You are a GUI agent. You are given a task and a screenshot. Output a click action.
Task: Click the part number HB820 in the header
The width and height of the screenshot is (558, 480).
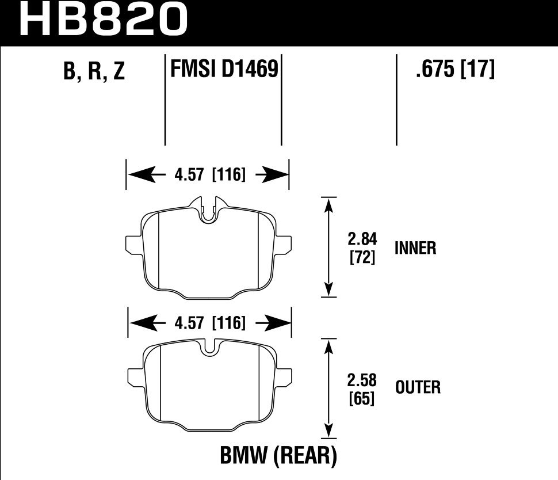(104, 20)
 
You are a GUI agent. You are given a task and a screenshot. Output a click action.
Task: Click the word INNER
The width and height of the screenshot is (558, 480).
(415, 248)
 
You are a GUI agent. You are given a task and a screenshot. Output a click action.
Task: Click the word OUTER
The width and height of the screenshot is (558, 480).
(418, 387)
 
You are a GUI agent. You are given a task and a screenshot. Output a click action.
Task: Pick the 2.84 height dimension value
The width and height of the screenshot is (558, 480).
(362, 239)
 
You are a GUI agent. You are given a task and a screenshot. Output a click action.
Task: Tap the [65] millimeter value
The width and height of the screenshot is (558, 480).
(362, 398)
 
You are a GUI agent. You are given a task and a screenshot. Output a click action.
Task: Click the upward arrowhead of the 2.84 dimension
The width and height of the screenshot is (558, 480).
(328, 205)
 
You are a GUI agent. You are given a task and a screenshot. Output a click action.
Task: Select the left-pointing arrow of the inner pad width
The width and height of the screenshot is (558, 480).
(142, 174)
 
